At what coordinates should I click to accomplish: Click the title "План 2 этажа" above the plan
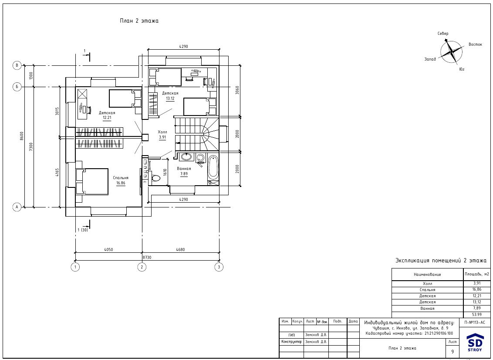(x=139, y=21)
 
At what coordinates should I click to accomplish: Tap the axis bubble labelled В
(x=17, y=65)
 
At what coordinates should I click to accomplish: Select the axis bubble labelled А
(x=17, y=207)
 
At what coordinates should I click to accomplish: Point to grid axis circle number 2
(x=142, y=267)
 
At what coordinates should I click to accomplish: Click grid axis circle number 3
(x=219, y=267)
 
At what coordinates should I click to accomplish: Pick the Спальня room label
(x=121, y=178)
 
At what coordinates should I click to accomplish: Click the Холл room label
(x=162, y=132)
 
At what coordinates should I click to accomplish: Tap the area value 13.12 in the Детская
(x=170, y=98)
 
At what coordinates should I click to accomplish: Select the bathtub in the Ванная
(x=213, y=167)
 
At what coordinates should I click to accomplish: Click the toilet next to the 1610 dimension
(x=155, y=178)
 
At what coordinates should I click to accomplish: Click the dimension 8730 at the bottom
(x=146, y=258)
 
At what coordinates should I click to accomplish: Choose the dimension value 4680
(x=180, y=250)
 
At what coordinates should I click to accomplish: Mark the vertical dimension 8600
(x=22, y=136)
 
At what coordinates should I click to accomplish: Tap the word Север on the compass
(x=443, y=34)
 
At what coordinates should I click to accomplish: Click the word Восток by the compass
(x=475, y=44)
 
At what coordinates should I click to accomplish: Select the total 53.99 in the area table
(x=476, y=315)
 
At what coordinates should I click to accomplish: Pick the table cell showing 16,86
(x=476, y=289)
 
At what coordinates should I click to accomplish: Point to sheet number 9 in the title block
(x=452, y=352)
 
